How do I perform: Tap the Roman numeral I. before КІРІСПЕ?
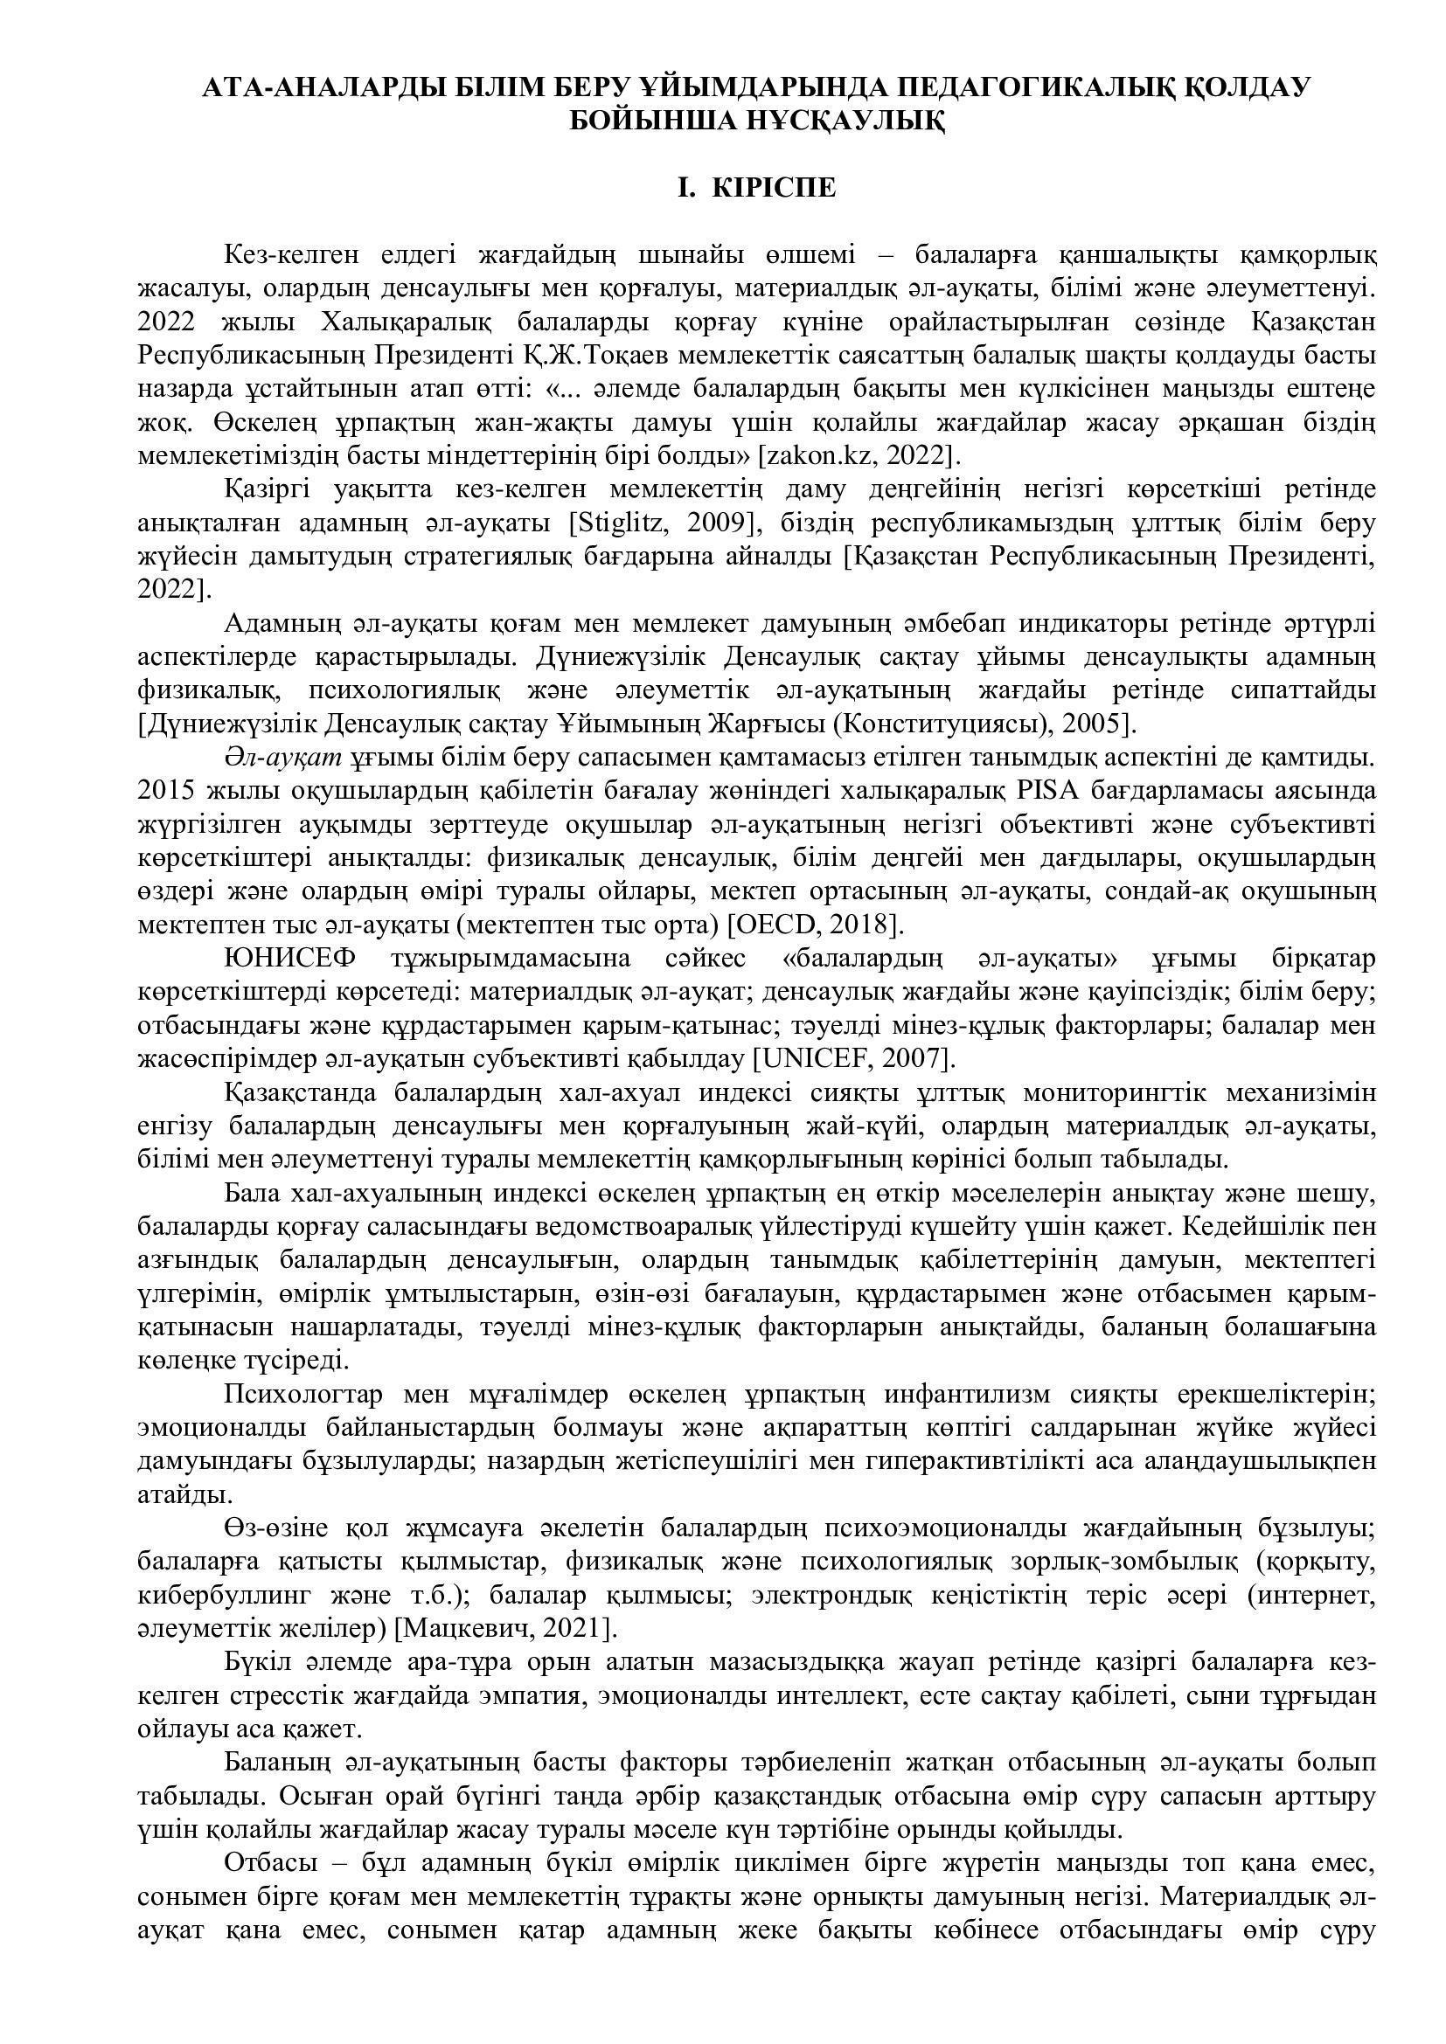pos(686,189)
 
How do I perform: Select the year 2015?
pos(166,791)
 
